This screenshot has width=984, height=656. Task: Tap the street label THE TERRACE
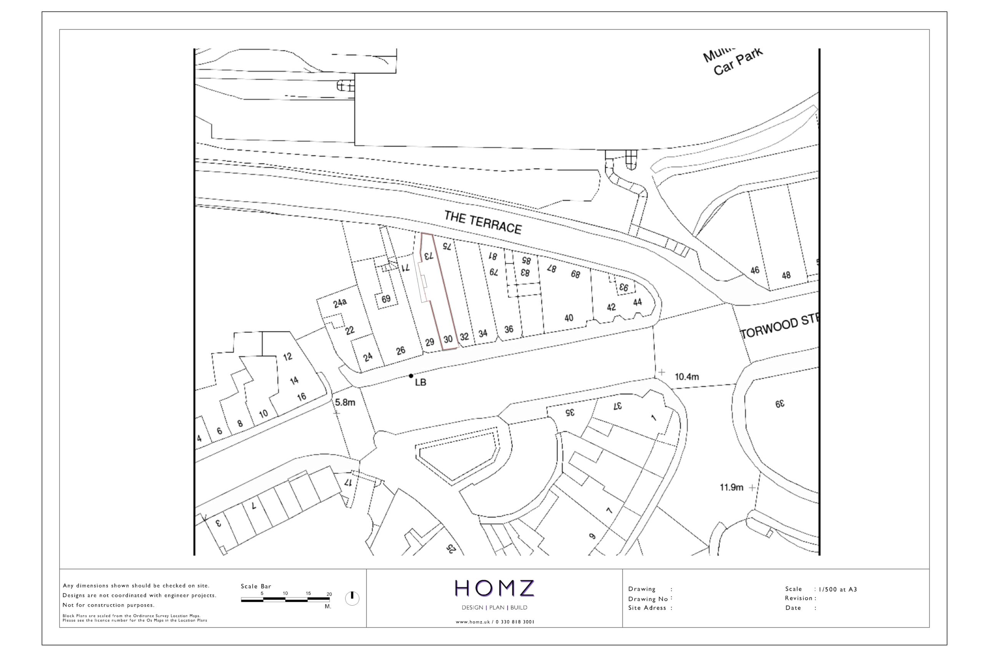tap(483, 223)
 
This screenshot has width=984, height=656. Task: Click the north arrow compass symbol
tap(352, 598)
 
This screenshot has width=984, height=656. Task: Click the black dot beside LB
tap(411, 376)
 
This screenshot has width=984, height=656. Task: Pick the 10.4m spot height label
tap(686, 377)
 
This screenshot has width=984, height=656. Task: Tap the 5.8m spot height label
tap(345, 402)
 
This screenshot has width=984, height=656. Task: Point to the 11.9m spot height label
tap(731, 487)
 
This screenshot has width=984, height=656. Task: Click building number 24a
tap(340, 302)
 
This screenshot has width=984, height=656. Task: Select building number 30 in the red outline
tap(448, 339)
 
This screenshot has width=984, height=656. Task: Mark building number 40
tap(568, 318)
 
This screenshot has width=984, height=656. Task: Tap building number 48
tap(786, 275)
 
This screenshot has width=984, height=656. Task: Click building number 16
tap(301, 397)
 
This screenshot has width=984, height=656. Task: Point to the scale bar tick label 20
tap(329, 594)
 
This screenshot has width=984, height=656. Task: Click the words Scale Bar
tap(256, 586)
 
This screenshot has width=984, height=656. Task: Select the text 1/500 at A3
tap(838, 589)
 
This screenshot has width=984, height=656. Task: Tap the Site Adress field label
tap(647, 608)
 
